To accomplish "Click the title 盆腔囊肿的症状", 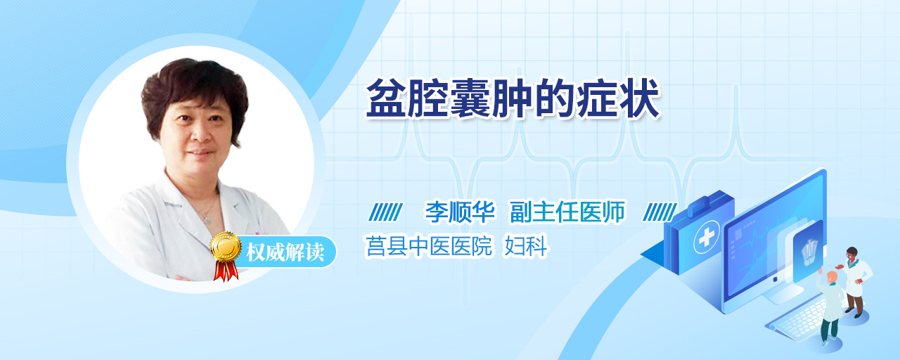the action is tap(513, 99).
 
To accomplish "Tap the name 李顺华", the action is tap(460, 212).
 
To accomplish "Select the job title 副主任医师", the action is tap(567, 212).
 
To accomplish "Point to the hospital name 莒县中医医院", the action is tap(429, 246).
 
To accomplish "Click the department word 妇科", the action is tap(526, 246).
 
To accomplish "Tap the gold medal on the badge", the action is tap(226, 246).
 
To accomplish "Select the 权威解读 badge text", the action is tap(285, 252).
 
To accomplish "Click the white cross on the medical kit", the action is tap(706, 238).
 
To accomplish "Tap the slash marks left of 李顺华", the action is tap(385, 212).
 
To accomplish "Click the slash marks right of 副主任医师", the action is tap(660, 212).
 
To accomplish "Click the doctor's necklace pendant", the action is tap(207, 219).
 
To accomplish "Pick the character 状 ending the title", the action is tap(640, 99).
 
